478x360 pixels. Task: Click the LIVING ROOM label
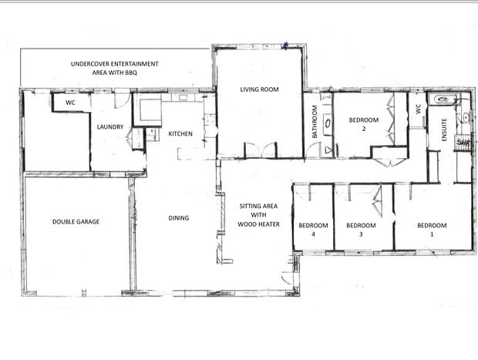click(259, 89)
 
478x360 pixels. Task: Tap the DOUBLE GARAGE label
click(76, 221)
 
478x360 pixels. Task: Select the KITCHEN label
click(180, 133)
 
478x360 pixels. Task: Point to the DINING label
click(179, 218)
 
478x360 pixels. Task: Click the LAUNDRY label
click(110, 126)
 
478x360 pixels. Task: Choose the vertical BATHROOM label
click(315, 122)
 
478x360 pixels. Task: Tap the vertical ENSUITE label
click(444, 130)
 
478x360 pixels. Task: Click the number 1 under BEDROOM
click(432, 234)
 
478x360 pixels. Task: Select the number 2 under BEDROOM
click(364, 129)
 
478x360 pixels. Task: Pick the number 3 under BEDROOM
click(361, 234)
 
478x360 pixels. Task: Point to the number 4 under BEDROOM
click(313, 234)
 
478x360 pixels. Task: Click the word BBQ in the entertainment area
click(131, 72)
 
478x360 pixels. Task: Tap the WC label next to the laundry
click(70, 103)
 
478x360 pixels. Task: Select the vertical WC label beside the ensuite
click(418, 109)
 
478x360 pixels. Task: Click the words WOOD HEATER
click(258, 224)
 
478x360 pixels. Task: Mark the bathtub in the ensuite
click(443, 99)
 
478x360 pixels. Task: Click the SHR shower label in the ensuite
click(463, 143)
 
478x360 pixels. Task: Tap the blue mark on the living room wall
click(285, 45)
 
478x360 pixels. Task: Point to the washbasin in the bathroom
click(328, 123)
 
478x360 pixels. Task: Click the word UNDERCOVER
click(89, 64)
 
